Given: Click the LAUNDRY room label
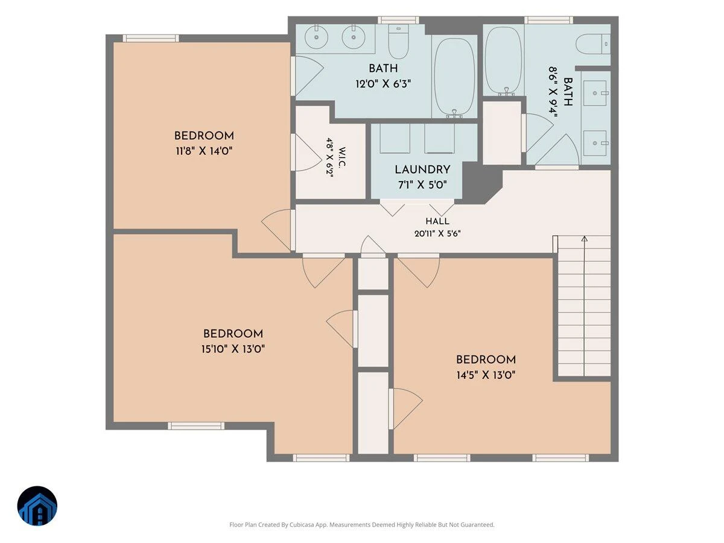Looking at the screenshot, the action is (x=422, y=170).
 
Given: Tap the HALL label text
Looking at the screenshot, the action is (x=437, y=221).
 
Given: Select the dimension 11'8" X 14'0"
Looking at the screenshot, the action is (x=204, y=151).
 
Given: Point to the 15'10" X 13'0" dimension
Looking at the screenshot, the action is (x=233, y=349).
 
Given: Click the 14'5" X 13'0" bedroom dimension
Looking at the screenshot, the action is (x=486, y=375).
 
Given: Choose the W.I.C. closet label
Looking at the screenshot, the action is (x=341, y=157).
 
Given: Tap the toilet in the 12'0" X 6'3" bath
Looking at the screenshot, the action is (x=398, y=41).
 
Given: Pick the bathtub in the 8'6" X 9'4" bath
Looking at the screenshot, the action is (x=504, y=61).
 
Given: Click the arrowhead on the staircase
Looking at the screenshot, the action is (x=584, y=239).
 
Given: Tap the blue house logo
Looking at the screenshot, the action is (x=37, y=506).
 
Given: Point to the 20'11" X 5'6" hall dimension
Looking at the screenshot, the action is (x=437, y=233).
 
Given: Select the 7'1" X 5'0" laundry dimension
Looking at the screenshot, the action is (x=422, y=185).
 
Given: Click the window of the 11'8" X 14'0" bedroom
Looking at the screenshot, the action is (x=151, y=38).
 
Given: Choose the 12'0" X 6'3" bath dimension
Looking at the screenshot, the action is (x=383, y=84).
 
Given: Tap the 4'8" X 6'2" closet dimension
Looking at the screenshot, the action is (x=329, y=157).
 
